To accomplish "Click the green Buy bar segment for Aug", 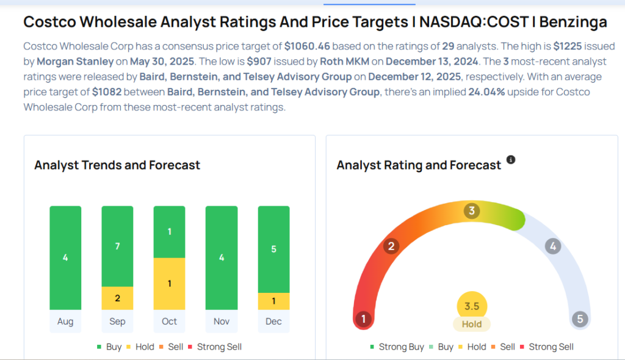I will click(65, 257).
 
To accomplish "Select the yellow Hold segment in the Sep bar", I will click(117, 298).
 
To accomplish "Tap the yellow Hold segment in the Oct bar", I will click(169, 284).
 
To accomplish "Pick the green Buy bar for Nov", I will click(222, 257).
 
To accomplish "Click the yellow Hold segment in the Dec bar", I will click(273, 301).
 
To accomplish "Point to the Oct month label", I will click(169, 322).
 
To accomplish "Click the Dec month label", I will click(273, 322).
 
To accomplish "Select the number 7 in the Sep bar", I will click(117, 246).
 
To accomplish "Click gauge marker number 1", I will click(364, 319).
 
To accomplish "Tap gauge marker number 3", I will click(471, 211).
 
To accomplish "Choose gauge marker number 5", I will click(579, 319).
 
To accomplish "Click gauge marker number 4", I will click(553, 247).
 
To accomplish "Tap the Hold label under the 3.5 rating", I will click(472, 325).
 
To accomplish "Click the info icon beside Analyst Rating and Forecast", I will click(511, 160).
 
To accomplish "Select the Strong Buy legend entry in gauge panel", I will click(397, 347).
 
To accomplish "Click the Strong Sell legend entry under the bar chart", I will click(217, 347).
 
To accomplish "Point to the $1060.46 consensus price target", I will click(308, 46).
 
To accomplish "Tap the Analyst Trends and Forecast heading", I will click(117, 165).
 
